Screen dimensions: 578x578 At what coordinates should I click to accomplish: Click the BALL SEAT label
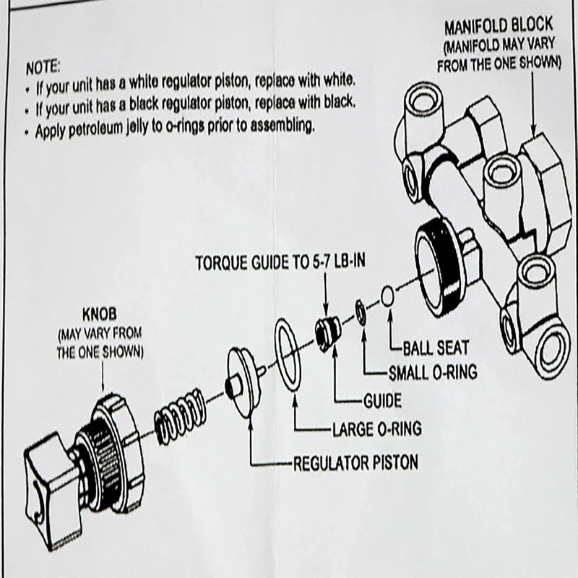[438, 347]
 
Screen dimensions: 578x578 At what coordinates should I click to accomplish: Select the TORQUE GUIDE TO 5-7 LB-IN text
[280, 262]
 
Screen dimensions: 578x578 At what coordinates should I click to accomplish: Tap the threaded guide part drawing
[324, 332]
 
